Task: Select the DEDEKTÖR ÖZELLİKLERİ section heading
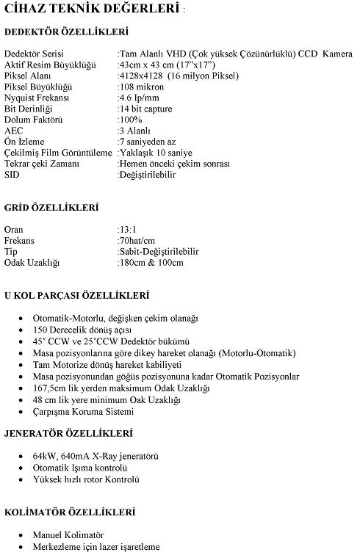66,32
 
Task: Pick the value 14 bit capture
145,109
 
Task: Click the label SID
12,175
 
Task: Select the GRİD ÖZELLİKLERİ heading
51,208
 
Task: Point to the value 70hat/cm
138,240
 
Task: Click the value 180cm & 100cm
151,262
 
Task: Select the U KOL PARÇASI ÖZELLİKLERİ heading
76,296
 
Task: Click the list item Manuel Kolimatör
68,534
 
